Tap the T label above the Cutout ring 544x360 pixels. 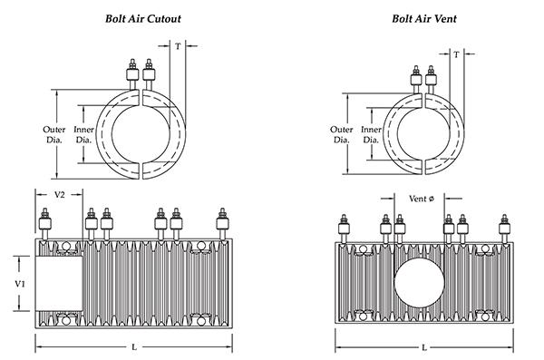[178, 45]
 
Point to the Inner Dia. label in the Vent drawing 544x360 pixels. [371, 134]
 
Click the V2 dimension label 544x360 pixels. [59, 194]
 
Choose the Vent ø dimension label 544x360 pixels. [423, 199]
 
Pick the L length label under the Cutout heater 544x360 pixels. [134, 348]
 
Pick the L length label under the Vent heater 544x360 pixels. [423, 348]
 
